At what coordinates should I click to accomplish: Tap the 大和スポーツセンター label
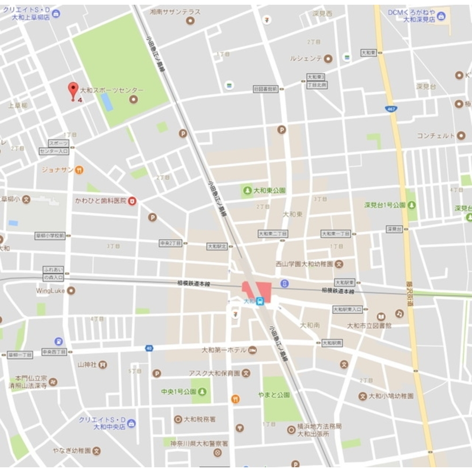click(111, 90)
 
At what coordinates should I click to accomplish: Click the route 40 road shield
click(149, 348)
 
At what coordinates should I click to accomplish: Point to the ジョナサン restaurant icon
click(79, 169)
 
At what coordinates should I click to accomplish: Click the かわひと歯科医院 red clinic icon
click(133, 201)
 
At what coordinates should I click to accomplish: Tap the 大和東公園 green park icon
click(247, 191)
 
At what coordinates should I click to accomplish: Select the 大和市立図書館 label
click(369, 326)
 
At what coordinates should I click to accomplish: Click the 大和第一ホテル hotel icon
click(253, 350)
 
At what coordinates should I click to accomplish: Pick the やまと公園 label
click(274, 395)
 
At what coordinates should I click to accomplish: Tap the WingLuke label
click(50, 291)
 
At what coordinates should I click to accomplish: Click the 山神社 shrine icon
click(102, 364)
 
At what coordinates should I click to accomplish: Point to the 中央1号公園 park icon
click(202, 392)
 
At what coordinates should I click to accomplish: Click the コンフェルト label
click(435, 135)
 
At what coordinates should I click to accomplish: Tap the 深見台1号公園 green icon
click(412, 205)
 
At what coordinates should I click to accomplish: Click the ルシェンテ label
click(306, 59)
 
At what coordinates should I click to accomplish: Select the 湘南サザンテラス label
click(175, 12)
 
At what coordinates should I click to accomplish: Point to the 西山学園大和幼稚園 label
click(304, 264)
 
